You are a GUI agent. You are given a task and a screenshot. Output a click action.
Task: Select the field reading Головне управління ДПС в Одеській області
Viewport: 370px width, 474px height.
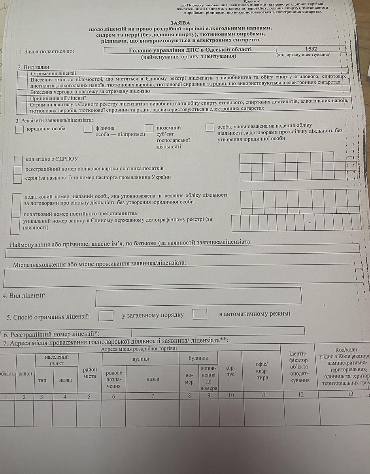pos(190,50)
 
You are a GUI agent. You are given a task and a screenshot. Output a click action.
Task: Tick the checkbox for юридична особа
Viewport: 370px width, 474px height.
pos(19,129)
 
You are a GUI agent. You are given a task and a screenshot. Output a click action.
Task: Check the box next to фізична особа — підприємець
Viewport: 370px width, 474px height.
pos(88,128)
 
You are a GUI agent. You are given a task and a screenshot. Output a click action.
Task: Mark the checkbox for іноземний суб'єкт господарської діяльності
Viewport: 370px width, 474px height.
pos(149,128)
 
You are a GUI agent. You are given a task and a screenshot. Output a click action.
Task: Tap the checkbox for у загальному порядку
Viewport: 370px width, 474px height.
pos(106,316)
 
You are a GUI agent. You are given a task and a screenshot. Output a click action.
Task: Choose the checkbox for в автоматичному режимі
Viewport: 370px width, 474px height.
pos(200,314)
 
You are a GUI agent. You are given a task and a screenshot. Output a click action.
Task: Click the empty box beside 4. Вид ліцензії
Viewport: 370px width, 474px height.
pos(198,296)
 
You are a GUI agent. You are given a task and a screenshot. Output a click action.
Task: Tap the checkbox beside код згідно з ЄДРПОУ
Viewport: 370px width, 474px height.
pos(18,160)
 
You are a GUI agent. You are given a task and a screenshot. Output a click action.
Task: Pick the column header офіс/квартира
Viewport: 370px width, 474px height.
pos(262,371)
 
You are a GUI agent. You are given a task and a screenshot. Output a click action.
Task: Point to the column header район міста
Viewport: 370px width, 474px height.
pos(90,373)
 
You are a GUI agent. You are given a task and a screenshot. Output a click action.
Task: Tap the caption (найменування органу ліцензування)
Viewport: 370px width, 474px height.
pos(189,56)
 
